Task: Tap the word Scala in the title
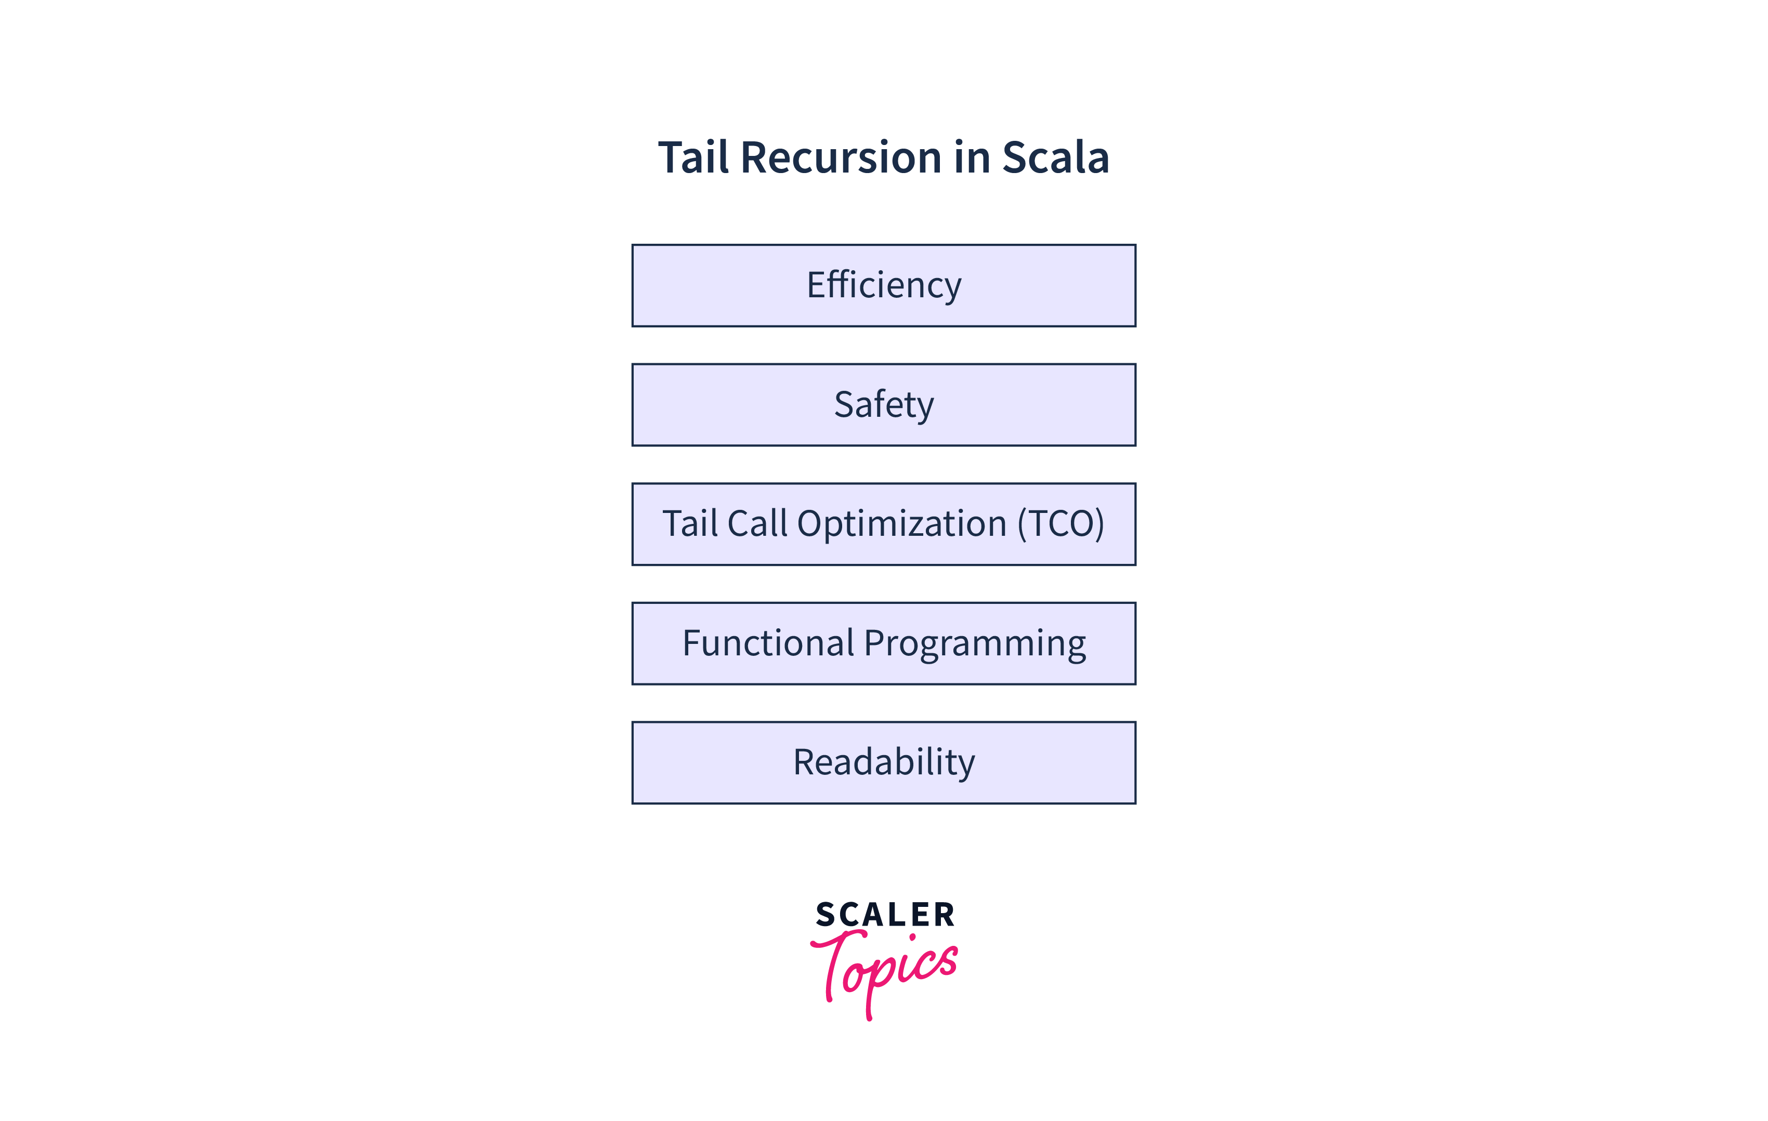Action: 1055,158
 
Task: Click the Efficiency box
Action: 883,285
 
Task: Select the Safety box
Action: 883,404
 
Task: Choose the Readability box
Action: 883,763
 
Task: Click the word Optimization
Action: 901,524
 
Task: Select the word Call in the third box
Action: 757,524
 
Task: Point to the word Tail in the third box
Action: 689,524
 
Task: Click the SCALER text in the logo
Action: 885,915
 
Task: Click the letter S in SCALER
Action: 826,915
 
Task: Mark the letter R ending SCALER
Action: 944,915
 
